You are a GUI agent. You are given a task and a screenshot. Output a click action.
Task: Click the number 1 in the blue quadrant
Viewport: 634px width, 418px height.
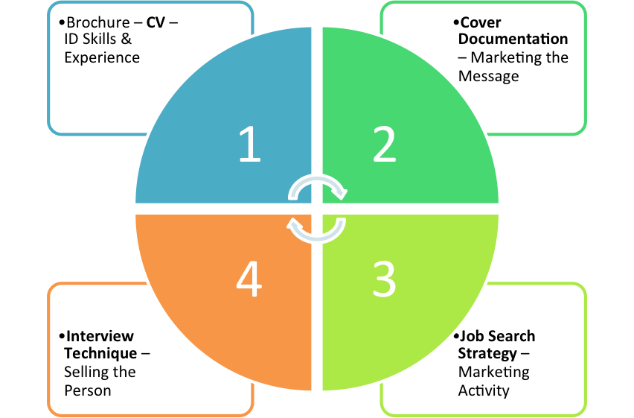tap(250, 145)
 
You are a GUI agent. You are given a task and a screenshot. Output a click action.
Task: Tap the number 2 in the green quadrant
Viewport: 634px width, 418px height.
tap(384, 145)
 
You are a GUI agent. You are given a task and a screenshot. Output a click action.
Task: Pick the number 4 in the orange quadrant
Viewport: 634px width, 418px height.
tap(249, 279)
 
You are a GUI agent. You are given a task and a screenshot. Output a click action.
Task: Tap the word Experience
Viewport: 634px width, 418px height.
tap(102, 57)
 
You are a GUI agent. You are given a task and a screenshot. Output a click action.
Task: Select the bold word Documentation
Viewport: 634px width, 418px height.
tap(513, 39)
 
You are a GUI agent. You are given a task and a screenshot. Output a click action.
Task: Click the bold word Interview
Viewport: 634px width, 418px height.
tap(100, 336)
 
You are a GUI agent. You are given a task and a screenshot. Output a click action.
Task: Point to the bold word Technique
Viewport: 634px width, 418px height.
tap(100, 353)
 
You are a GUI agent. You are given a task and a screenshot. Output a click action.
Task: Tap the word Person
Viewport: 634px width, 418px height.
tap(88, 390)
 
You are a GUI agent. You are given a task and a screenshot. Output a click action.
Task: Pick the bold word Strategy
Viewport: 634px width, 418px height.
tap(487, 353)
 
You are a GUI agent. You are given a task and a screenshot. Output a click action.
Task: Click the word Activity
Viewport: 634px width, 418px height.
tap(484, 390)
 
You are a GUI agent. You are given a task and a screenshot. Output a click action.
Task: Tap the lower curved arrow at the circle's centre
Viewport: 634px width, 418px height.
tap(317, 230)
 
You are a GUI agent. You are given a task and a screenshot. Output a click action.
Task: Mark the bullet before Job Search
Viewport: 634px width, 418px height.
tap(455, 337)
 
